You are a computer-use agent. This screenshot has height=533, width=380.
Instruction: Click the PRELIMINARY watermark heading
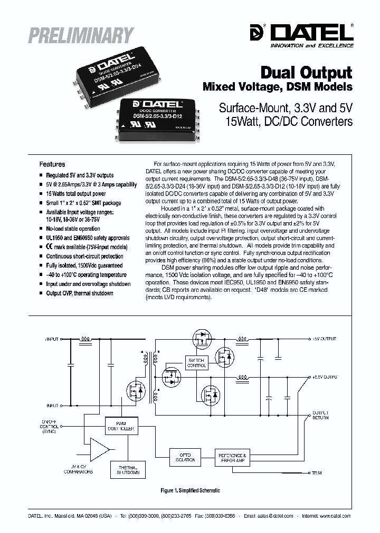[80, 35]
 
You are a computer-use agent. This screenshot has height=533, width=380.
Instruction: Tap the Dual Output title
[307, 72]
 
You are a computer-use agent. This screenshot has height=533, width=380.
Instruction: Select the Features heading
[53, 164]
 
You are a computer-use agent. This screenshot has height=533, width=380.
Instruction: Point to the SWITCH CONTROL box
[196, 362]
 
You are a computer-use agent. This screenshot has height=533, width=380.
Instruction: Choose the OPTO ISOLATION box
[185, 457]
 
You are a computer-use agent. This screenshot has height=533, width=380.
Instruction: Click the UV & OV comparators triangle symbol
[99, 448]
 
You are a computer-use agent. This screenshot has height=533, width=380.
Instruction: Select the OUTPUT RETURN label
[320, 414]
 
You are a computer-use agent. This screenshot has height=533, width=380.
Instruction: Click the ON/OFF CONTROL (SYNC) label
[50, 426]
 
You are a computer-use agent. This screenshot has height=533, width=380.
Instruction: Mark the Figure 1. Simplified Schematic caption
[190, 490]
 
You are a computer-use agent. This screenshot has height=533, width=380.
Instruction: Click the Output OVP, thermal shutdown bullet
[80, 293]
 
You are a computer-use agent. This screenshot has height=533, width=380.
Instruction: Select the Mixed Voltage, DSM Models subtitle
[277, 86]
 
